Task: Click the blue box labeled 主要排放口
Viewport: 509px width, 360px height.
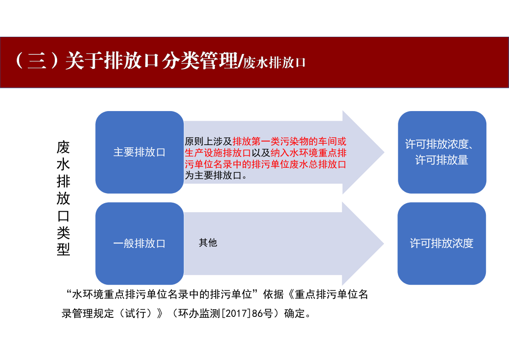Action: click(140, 152)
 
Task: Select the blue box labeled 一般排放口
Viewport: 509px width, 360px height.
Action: click(140, 243)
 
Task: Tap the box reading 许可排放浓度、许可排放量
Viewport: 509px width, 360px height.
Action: click(442, 152)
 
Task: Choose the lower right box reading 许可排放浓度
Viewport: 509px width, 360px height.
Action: click(442, 243)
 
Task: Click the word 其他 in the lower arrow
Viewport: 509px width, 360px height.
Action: click(208, 243)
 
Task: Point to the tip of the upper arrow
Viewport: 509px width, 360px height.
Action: click(384, 152)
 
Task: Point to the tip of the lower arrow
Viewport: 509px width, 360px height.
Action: click(384, 243)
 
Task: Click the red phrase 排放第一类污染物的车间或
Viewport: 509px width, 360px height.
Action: click(290, 141)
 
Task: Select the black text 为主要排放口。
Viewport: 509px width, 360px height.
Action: click(216, 175)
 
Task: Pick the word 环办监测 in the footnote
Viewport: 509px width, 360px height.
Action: click(199, 313)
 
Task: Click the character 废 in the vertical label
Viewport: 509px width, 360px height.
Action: click(63, 147)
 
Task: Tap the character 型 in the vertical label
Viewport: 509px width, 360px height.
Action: click(63, 249)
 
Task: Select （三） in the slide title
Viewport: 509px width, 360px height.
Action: click(37, 60)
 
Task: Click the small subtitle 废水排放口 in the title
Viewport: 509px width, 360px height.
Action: click(275, 63)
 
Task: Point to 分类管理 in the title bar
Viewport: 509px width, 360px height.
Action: click(199, 60)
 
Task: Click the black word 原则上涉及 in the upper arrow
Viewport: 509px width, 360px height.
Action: click(208, 141)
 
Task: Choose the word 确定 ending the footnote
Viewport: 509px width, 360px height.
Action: click(295, 313)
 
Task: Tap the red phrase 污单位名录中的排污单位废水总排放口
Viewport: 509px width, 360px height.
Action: click(266, 164)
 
